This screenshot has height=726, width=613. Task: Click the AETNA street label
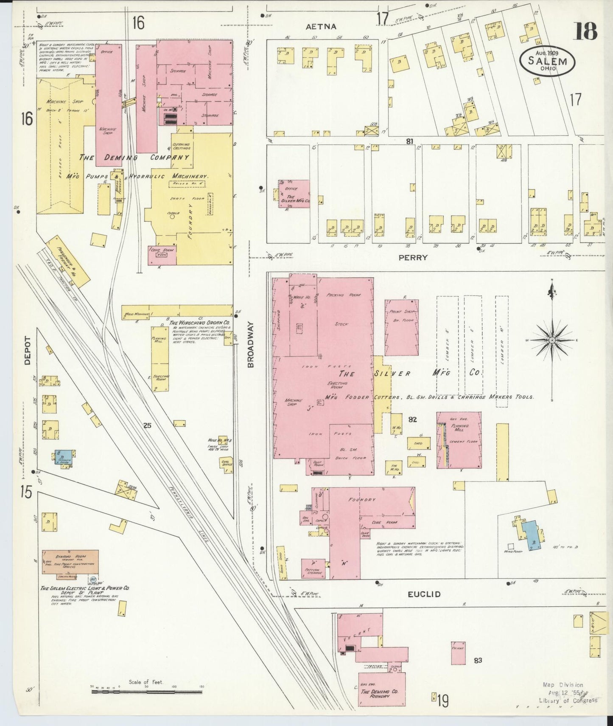tap(321, 26)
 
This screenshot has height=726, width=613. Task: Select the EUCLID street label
tap(424, 594)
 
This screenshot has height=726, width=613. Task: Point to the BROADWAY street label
tap(251, 344)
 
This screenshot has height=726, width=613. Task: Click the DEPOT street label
tap(28, 351)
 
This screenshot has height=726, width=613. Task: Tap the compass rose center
tap(552, 340)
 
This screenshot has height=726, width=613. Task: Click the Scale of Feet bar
tap(146, 692)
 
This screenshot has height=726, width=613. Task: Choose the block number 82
tap(412, 419)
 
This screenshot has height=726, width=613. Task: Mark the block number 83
tap(478, 660)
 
